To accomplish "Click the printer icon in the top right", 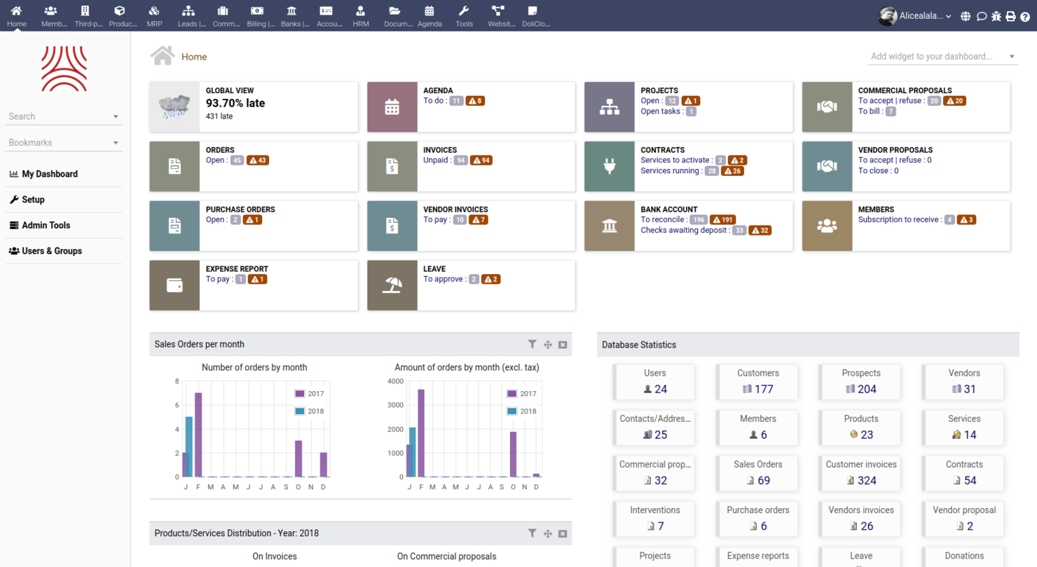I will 1010,16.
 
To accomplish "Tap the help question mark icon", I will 1025,16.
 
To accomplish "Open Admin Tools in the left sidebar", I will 46,225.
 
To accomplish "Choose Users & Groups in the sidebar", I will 51,251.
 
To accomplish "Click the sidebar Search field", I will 60,116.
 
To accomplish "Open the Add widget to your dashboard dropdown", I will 942,56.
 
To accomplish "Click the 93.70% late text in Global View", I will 235,103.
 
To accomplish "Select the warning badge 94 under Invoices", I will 481,160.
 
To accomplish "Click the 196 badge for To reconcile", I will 698,220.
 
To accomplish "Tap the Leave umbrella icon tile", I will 392,285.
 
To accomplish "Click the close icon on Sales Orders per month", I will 563,344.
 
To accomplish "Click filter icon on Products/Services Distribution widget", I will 532,533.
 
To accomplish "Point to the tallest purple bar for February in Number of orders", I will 198,435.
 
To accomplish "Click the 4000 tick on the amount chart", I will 395,381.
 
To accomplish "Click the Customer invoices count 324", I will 867,481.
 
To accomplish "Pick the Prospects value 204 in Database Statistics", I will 867,390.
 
